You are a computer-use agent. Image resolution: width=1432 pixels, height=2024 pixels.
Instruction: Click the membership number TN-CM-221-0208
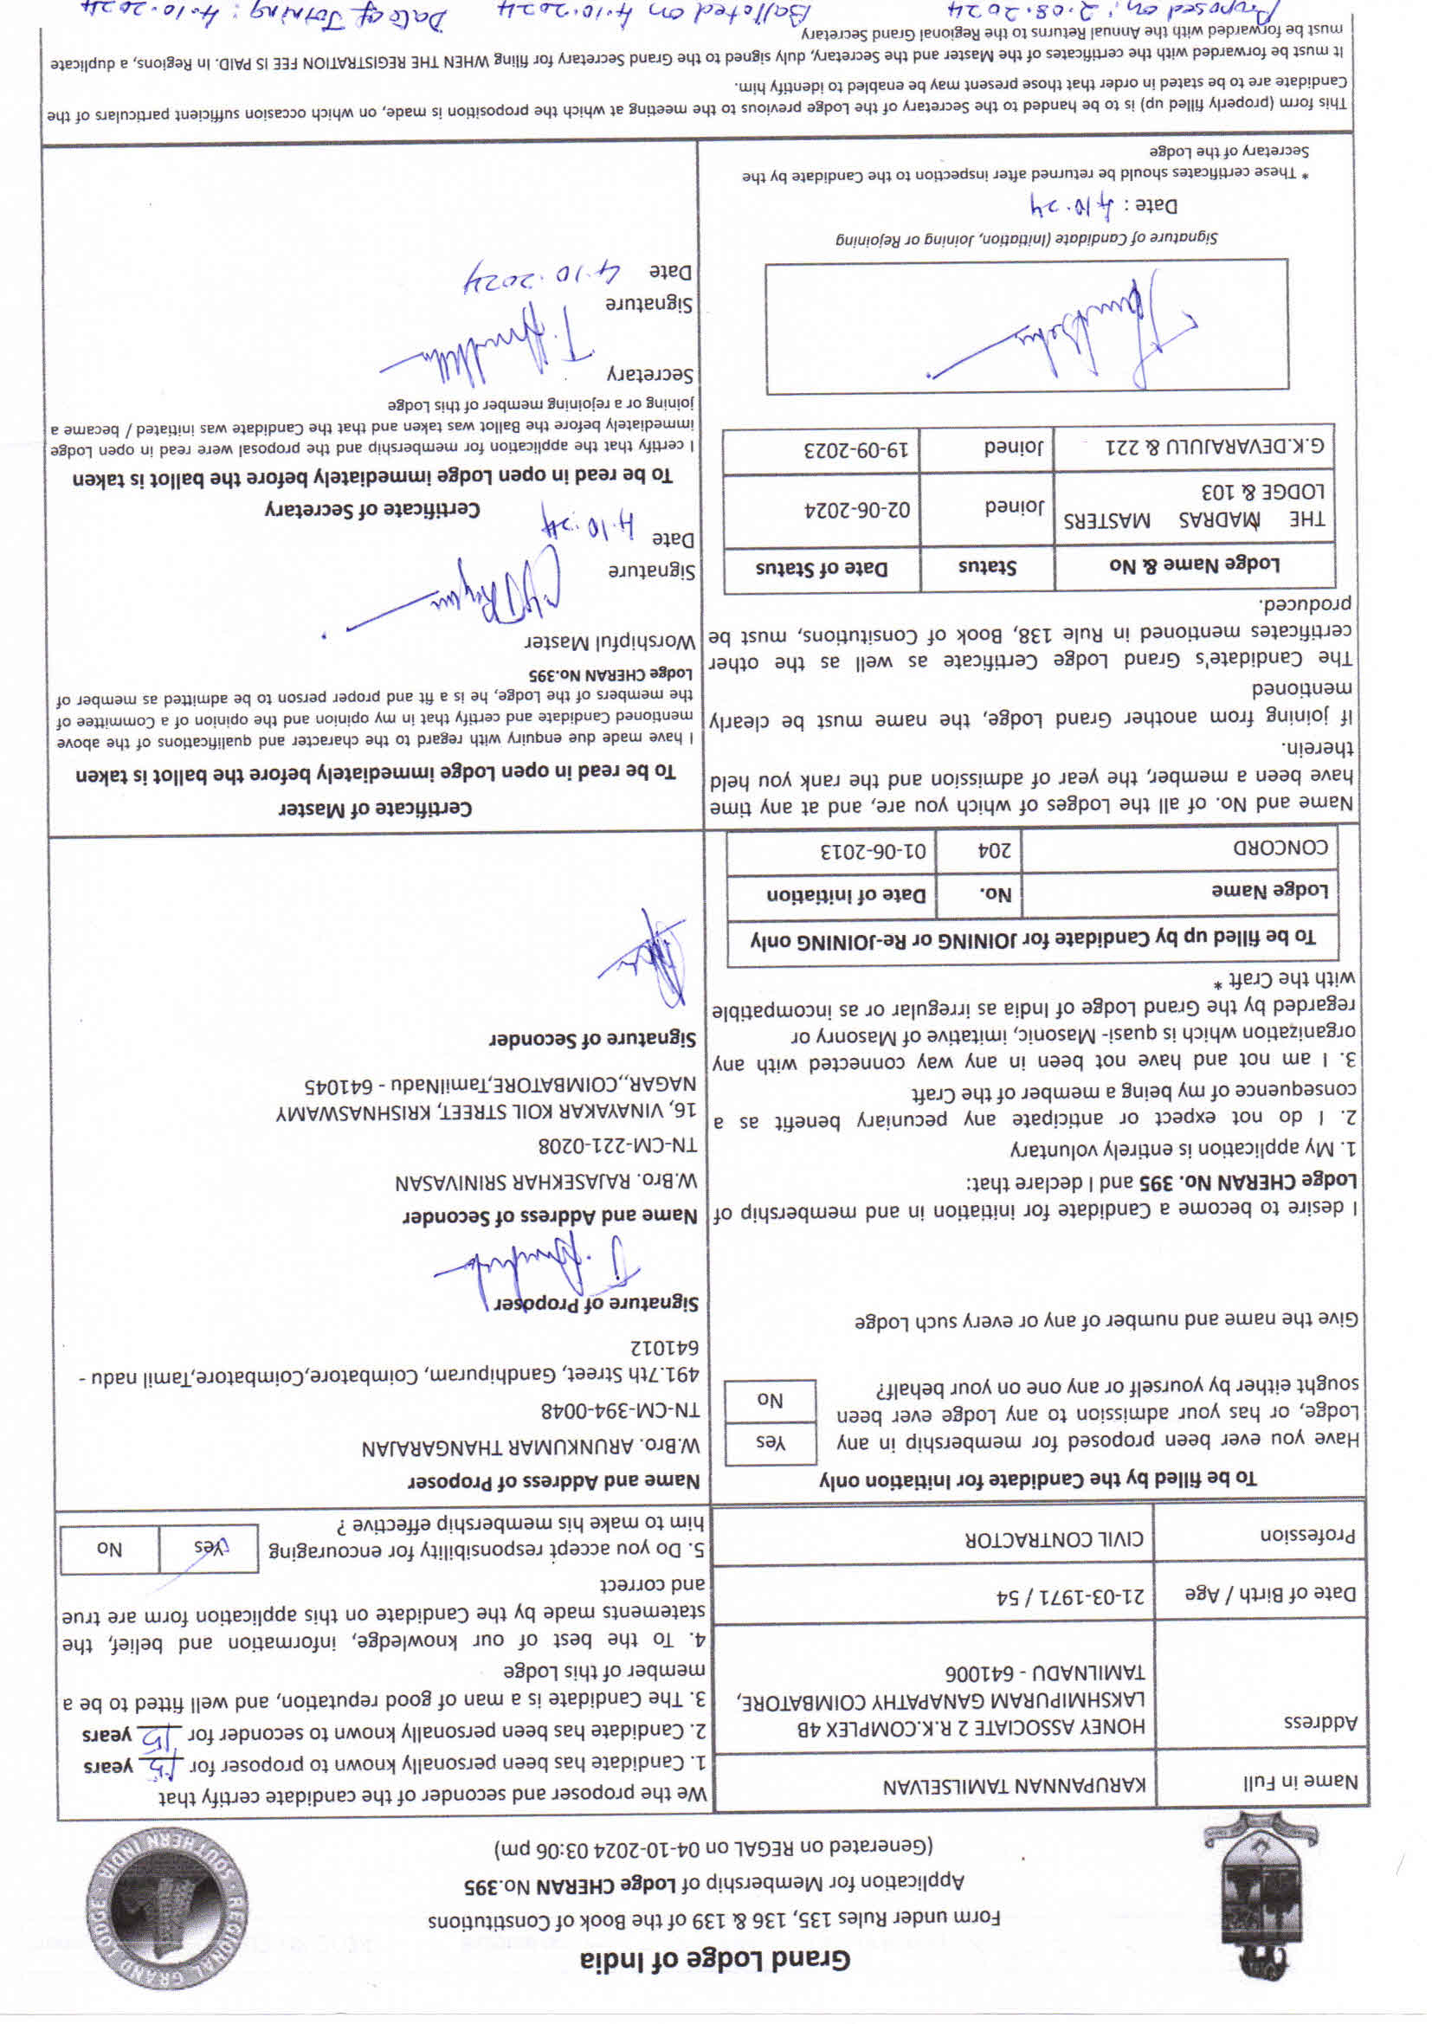click(617, 1144)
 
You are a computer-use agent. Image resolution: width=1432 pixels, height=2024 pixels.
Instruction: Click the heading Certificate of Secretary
click(372, 510)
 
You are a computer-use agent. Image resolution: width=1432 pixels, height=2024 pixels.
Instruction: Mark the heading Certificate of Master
click(375, 809)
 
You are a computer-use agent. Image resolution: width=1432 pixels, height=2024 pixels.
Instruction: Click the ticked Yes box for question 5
click(209, 1547)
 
